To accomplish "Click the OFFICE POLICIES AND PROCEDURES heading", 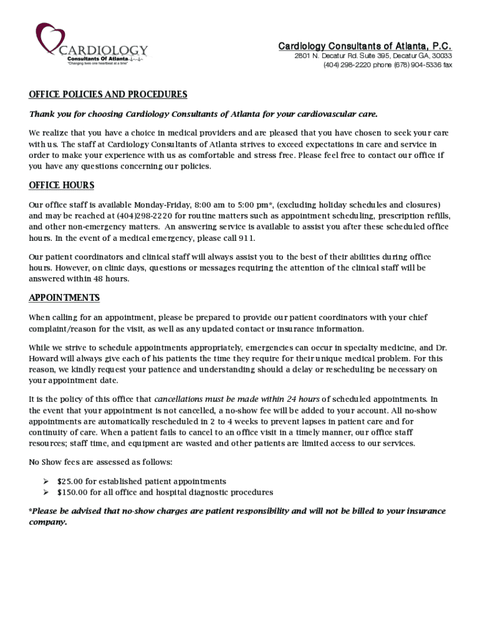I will coord(108,95).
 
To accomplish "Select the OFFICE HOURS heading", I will coord(62,185).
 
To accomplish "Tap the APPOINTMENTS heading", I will coord(64,298).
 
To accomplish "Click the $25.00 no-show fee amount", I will coord(70,482).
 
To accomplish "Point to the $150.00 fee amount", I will coord(72,492).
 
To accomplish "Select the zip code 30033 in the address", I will coord(441,56).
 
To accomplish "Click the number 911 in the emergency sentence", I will coord(247,238).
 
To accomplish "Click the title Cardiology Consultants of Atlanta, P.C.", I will coord(365,46).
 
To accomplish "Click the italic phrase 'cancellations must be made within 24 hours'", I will coord(237,399).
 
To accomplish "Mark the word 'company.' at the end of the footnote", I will coord(47,522).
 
